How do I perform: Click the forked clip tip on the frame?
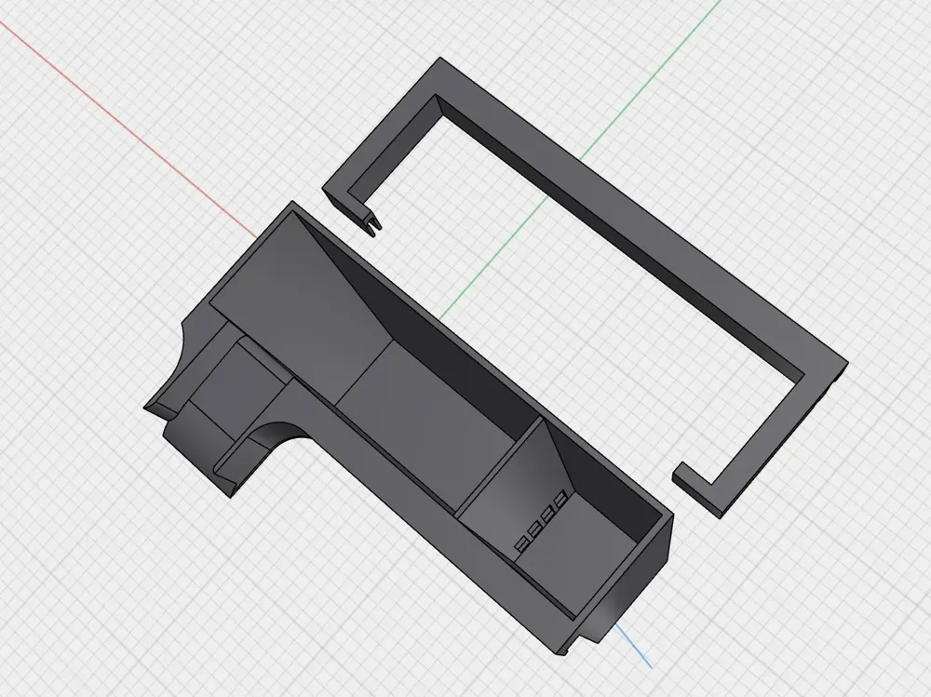[374, 222]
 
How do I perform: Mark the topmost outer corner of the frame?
[439, 60]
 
